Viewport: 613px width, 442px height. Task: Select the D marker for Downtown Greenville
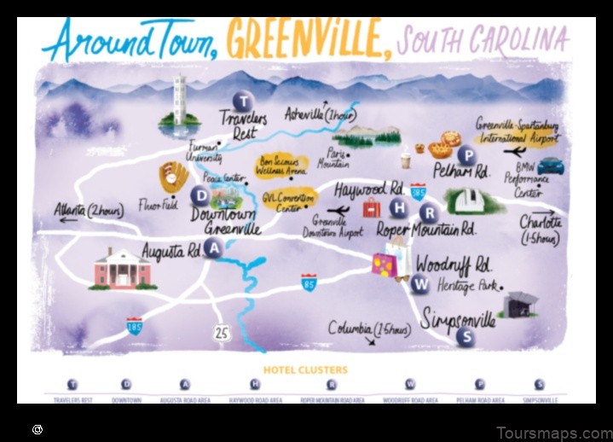tap(200, 195)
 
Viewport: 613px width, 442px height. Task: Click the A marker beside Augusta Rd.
tap(214, 248)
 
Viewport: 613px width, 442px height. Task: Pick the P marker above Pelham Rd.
tap(466, 155)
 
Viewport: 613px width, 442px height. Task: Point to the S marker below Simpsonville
tap(465, 336)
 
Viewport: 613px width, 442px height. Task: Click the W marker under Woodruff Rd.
tap(419, 284)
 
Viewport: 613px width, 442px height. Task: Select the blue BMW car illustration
tap(551, 165)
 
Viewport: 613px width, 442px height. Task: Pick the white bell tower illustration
tap(179, 100)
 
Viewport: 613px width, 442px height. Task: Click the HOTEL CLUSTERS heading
tap(305, 369)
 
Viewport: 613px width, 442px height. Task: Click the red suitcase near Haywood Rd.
tap(372, 207)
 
